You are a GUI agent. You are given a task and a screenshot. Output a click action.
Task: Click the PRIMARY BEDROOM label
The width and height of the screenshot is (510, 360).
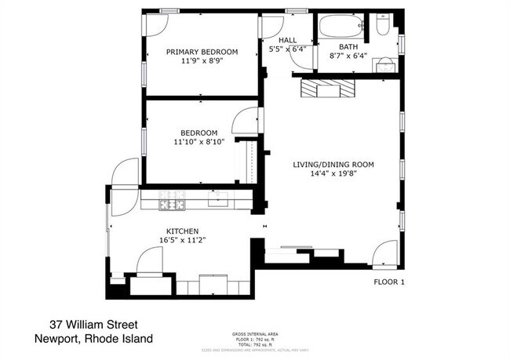click(202, 53)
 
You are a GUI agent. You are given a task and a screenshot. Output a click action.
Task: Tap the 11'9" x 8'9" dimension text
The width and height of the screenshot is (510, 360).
click(202, 61)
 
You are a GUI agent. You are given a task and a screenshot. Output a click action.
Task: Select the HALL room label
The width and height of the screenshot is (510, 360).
click(286, 40)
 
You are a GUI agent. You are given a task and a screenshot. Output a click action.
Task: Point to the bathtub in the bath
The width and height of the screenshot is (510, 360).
click(340, 28)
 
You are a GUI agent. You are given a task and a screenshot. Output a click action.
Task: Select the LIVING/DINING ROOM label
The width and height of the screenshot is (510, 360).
click(333, 165)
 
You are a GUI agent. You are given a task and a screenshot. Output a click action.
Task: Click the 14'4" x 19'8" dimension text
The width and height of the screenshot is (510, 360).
click(333, 174)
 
